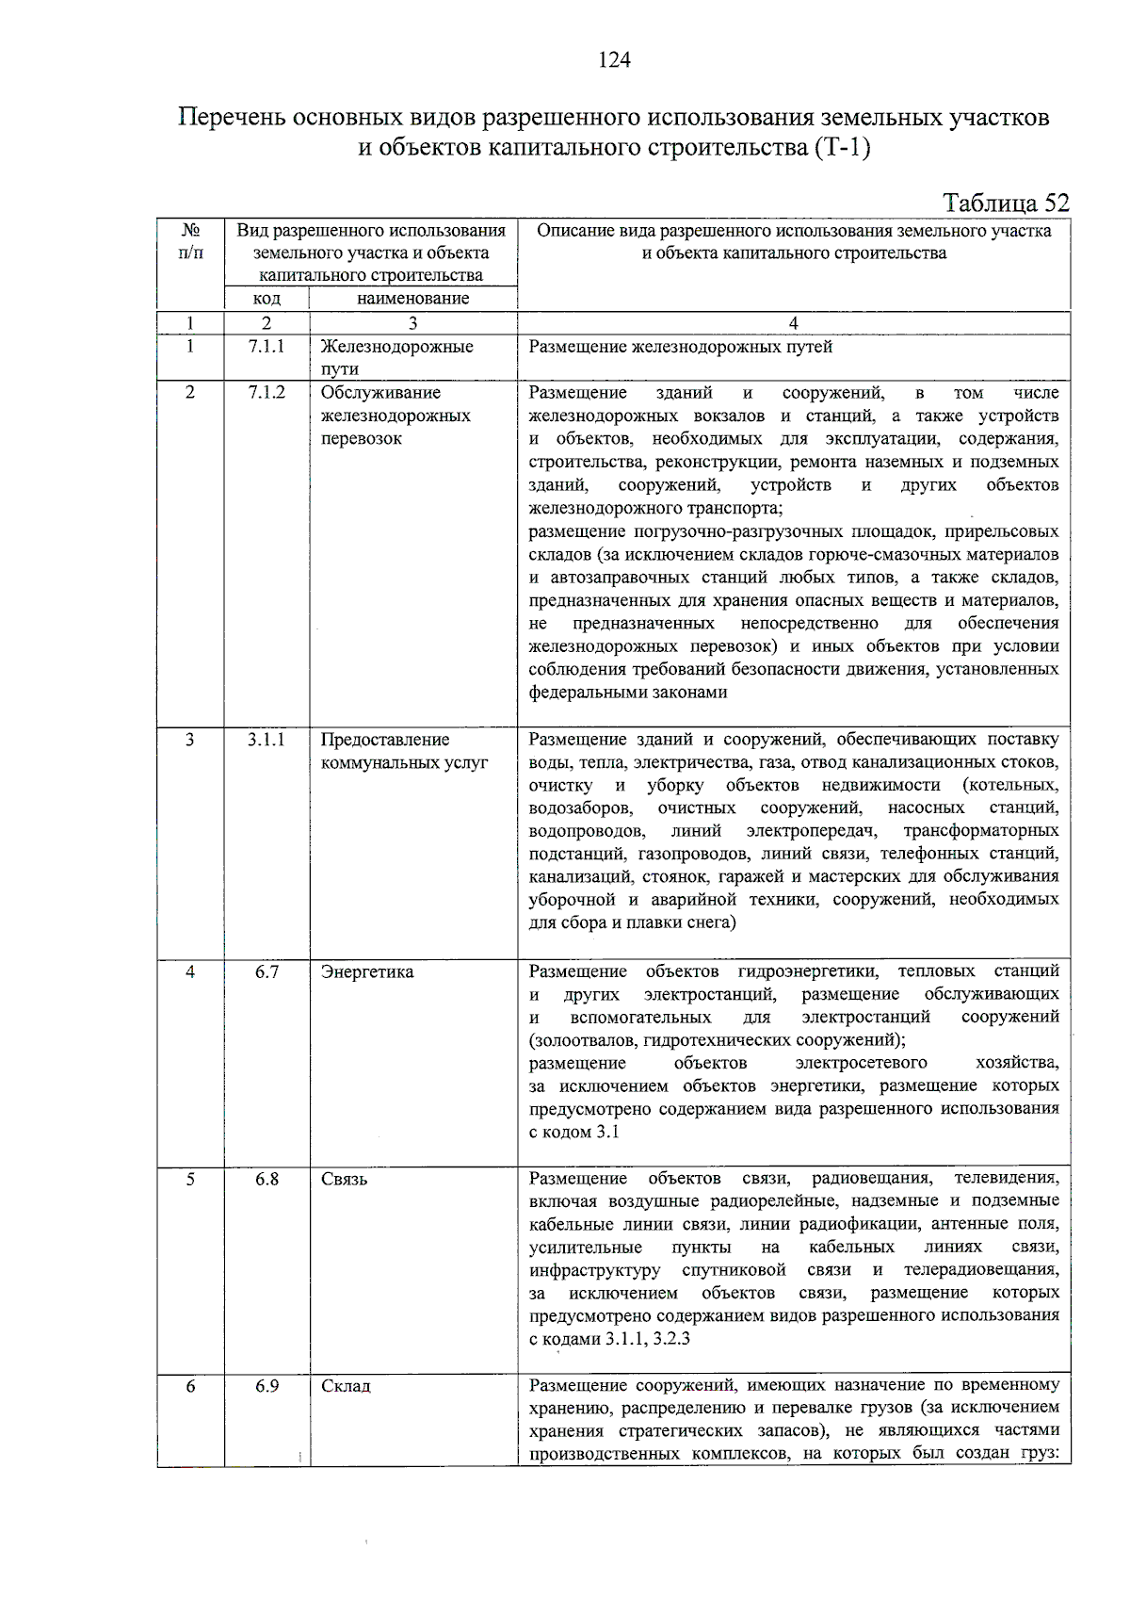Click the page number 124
tap(614, 60)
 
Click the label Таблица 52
tap(1006, 204)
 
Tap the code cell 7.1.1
tap(266, 347)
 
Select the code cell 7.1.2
tap(266, 393)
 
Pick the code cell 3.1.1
tap(266, 740)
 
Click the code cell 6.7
tap(266, 971)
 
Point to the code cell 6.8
tap(266, 1179)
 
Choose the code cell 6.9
tap(266, 1386)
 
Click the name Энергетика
tap(367, 971)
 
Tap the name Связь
tap(345, 1179)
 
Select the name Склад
tap(347, 1386)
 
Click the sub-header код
tap(266, 299)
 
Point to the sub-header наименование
tap(412, 299)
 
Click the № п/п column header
tap(190, 242)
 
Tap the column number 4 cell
tap(793, 323)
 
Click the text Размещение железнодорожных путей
tap(680, 347)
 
